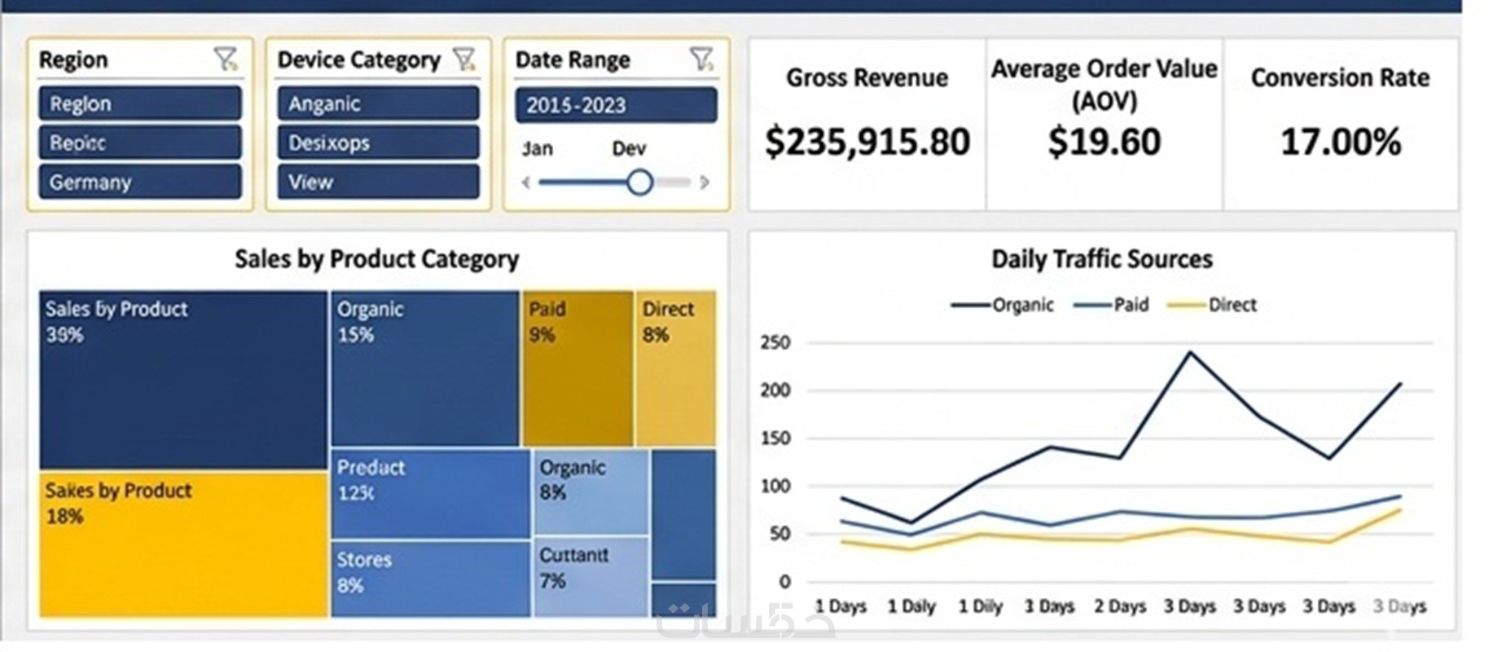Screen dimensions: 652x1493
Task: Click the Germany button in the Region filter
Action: [140, 182]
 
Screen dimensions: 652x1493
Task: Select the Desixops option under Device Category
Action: [378, 143]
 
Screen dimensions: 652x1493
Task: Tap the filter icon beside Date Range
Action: [700, 59]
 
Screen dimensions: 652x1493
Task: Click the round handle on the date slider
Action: [639, 182]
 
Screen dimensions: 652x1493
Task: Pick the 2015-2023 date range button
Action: [616, 105]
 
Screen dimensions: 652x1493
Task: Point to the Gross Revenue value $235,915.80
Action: [867, 142]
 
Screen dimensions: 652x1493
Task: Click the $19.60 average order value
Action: [1104, 142]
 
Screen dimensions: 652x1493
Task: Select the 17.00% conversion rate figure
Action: [1341, 142]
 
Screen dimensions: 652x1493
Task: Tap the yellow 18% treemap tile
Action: [183, 544]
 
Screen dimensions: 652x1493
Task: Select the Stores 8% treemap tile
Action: [431, 579]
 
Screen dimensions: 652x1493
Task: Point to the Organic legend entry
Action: [1003, 305]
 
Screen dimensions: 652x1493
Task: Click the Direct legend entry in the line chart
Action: [1213, 305]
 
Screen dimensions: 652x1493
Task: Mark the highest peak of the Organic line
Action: [1190, 352]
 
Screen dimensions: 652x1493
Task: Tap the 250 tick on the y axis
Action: [775, 342]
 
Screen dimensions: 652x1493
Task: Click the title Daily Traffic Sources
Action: [1101, 259]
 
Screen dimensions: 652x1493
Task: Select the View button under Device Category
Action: [378, 182]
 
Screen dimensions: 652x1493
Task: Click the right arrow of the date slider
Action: [705, 182]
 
